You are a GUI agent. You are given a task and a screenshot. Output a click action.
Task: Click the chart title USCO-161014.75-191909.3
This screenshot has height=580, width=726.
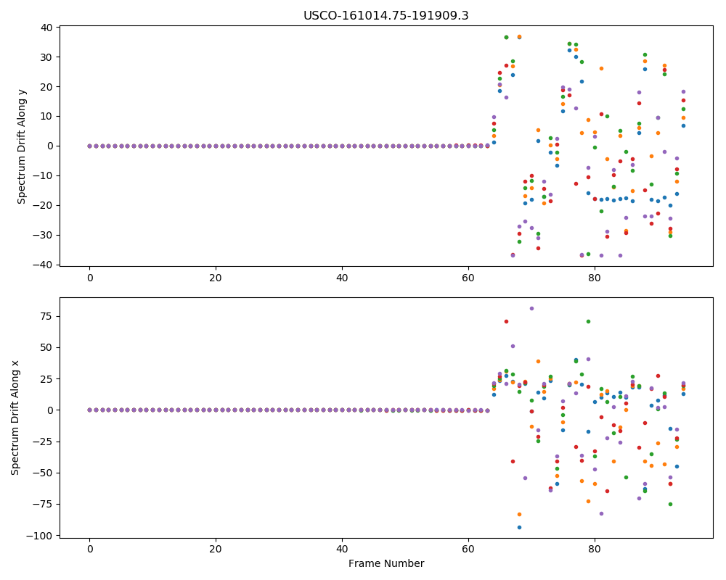[386, 16]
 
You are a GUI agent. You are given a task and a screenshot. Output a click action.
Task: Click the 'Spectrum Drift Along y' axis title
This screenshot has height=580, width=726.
[21, 146]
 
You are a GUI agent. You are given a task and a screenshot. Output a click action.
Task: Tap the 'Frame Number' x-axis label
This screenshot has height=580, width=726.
[386, 563]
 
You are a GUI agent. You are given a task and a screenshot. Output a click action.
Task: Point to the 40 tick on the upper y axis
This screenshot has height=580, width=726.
[47, 28]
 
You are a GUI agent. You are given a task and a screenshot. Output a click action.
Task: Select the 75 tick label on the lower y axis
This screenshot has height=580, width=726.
[47, 316]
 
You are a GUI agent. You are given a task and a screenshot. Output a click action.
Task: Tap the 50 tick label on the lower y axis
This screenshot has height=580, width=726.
[47, 347]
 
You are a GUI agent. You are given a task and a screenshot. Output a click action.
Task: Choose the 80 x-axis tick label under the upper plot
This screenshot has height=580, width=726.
[595, 278]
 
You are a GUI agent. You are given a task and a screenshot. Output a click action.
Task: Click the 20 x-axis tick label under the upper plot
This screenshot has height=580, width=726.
[216, 278]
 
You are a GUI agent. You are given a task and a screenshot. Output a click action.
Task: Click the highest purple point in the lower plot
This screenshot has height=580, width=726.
[531, 309]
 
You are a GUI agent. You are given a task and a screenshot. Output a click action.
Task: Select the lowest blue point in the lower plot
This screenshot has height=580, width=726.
[519, 527]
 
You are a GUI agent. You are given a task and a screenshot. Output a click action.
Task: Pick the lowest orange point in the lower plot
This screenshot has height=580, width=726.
[519, 514]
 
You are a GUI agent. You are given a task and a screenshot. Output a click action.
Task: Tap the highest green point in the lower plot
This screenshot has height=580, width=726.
[588, 321]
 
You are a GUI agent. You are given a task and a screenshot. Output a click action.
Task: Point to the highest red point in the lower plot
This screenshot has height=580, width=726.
[506, 321]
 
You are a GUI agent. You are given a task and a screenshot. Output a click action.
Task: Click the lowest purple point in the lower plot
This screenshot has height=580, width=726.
[601, 513]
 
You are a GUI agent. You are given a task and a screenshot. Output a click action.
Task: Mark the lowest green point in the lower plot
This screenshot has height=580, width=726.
[670, 504]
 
